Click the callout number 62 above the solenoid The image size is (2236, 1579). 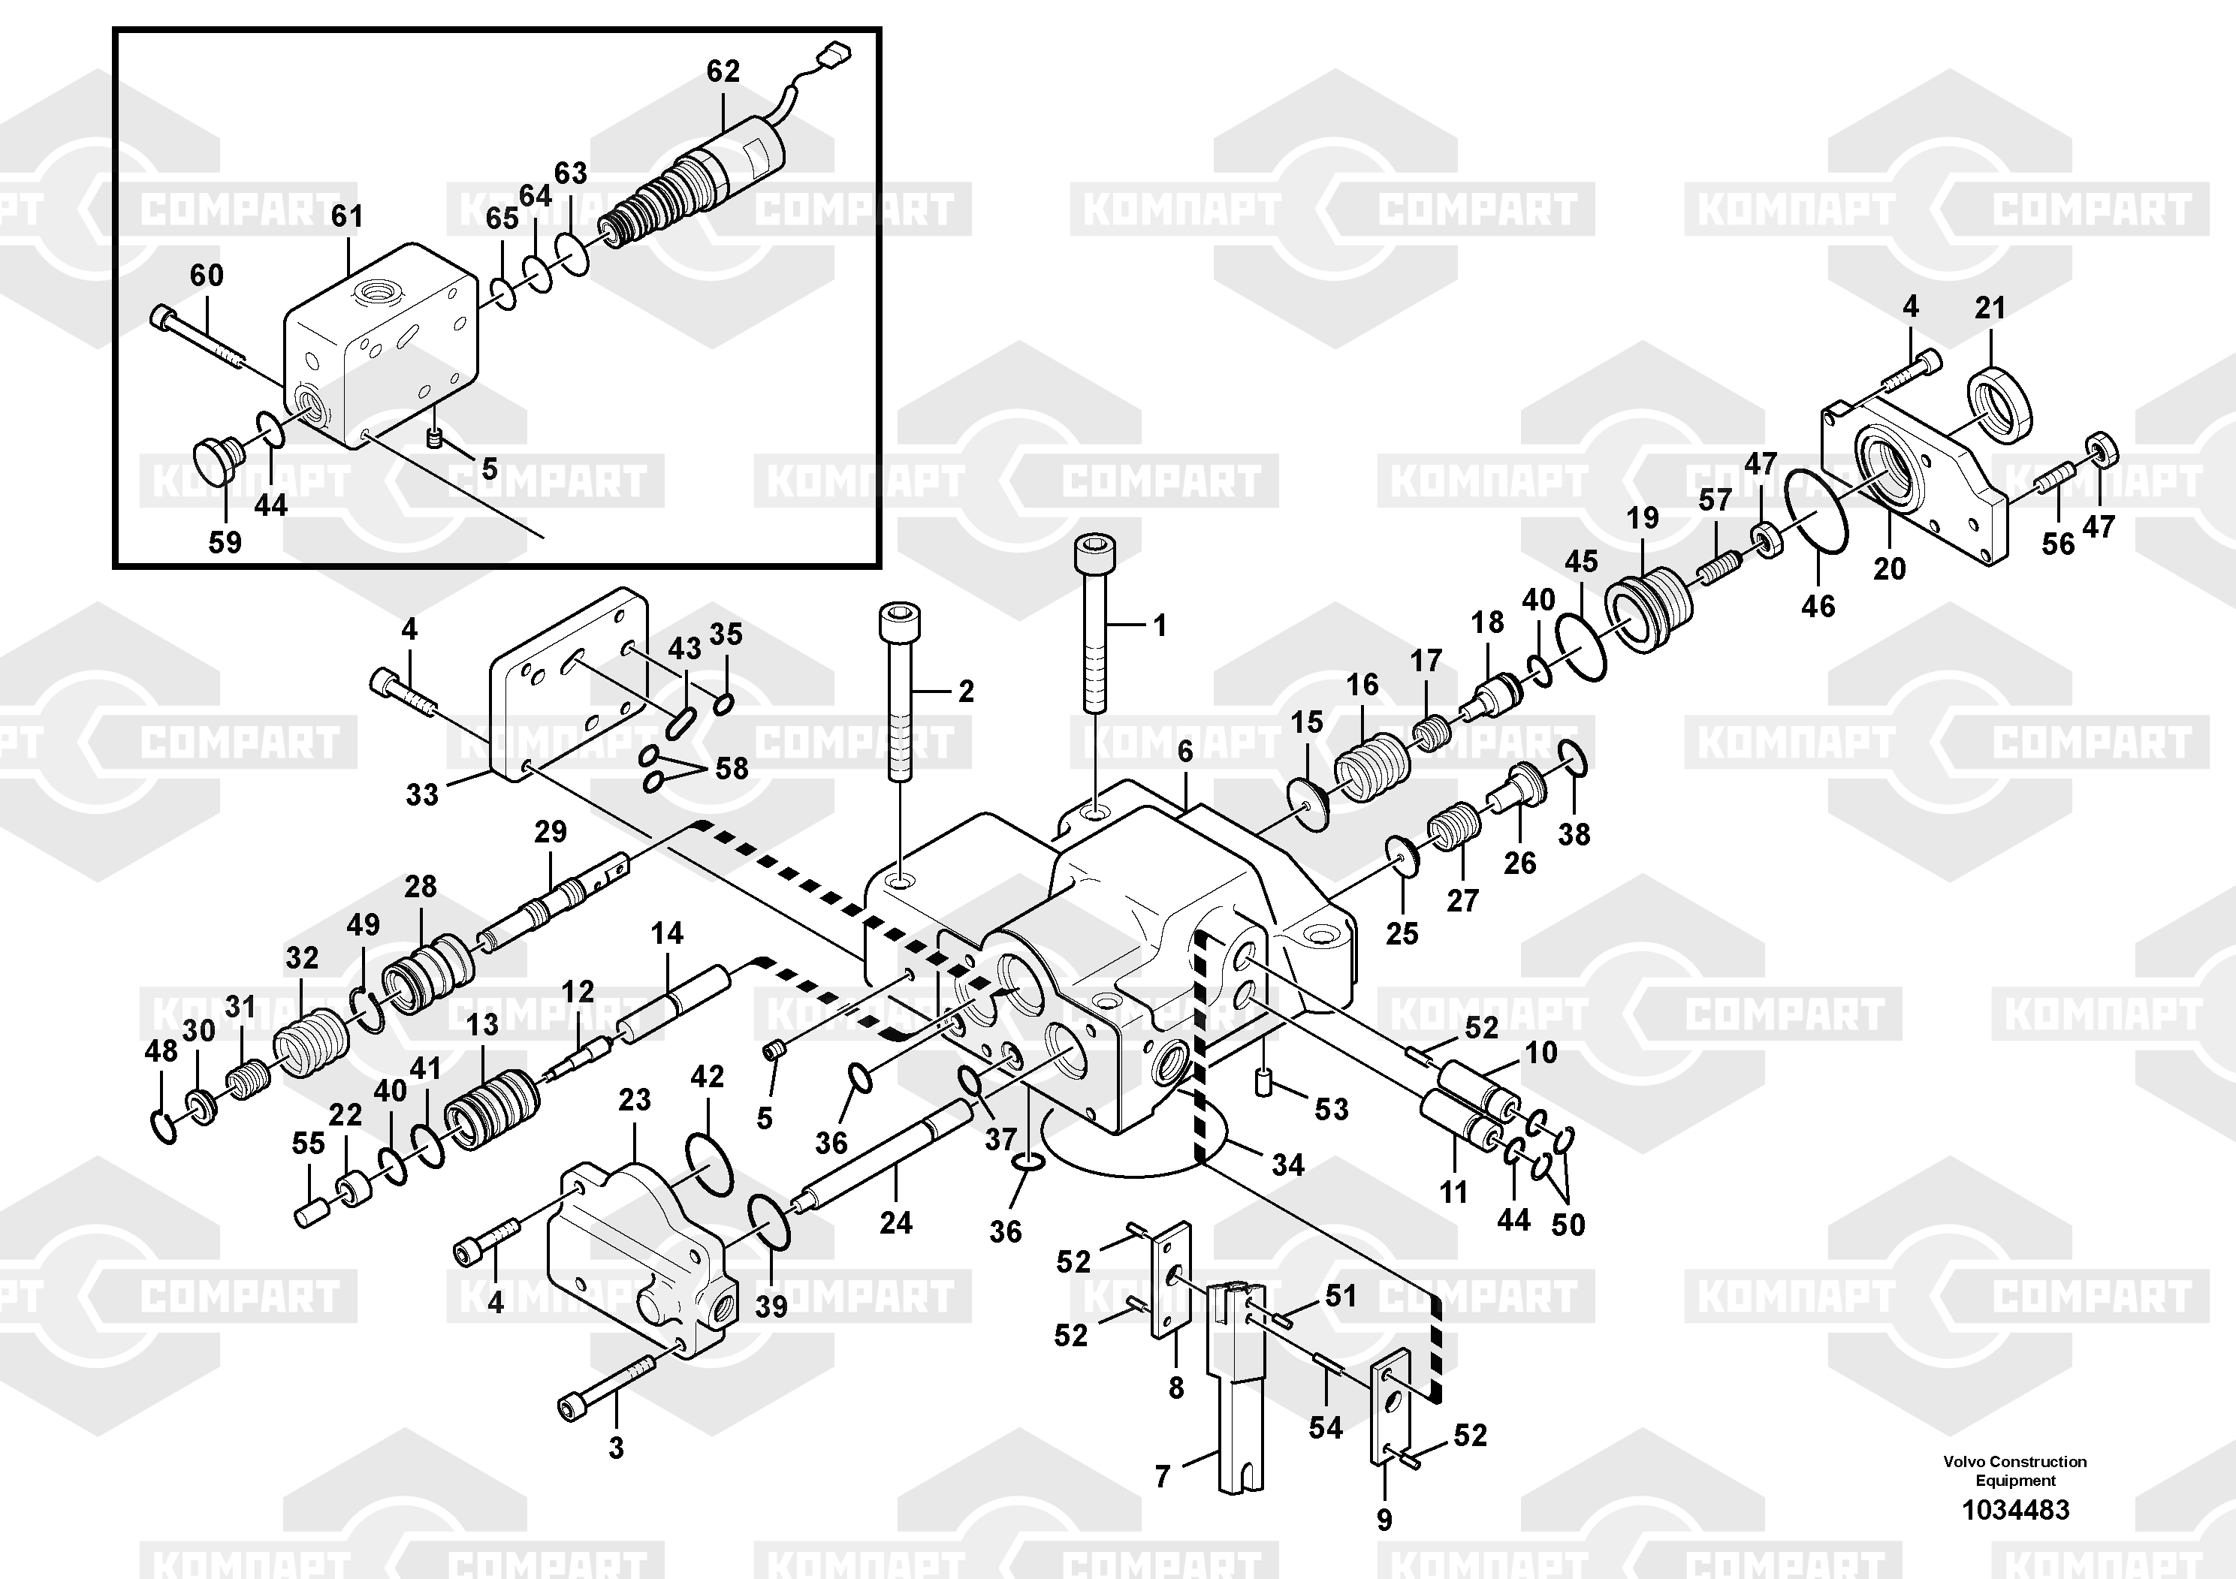pos(723,71)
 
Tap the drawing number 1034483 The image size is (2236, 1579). pos(2015,1510)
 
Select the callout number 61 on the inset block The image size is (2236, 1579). pos(347,216)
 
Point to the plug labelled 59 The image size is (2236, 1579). pos(213,460)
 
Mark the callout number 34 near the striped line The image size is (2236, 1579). pos(1287,1165)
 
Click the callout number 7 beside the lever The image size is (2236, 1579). pos(1162,1478)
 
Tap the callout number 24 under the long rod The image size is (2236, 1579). pos(896,1222)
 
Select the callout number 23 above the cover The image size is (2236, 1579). pos(634,1100)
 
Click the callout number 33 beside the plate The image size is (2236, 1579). pos(421,794)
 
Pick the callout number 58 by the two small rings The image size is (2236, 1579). pos(732,768)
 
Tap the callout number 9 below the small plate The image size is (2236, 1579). pos(1384,1519)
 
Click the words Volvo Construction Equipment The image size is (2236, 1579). pos(2015,1471)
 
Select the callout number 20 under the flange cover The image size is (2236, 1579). pos(1888,568)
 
